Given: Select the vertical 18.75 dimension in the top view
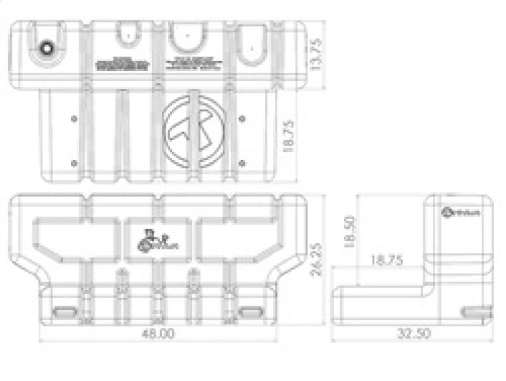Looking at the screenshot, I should coord(290,137).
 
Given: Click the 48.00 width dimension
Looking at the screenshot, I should coord(157,334).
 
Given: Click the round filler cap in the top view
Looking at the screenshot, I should coord(47,48).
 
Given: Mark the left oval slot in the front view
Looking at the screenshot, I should coord(63,313).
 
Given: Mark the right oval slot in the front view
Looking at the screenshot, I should coord(251,313).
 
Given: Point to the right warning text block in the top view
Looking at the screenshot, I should coord(195,63).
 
